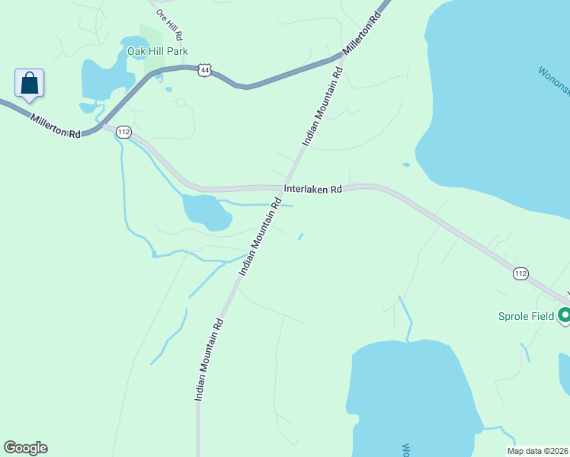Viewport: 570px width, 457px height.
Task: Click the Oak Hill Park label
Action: coord(157,52)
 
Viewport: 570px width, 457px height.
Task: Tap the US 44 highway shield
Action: coord(203,70)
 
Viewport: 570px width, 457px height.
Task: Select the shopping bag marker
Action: coord(29,83)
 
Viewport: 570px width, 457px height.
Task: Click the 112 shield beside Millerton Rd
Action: coord(124,132)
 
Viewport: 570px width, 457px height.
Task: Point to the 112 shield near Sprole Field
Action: coord(520,273)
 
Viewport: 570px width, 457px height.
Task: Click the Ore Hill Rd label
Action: coord(169,24)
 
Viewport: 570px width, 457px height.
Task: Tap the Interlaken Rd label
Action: coord(312,190)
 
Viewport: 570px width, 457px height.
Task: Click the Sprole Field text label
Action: coord(525,316)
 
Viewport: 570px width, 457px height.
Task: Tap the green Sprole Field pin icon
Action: coord(565,314)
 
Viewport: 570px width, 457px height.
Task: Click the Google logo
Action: coord(25,448)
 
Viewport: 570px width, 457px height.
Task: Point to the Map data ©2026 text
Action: coord(538,451)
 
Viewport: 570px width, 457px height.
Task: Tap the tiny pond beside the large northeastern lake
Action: coord(406,164)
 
